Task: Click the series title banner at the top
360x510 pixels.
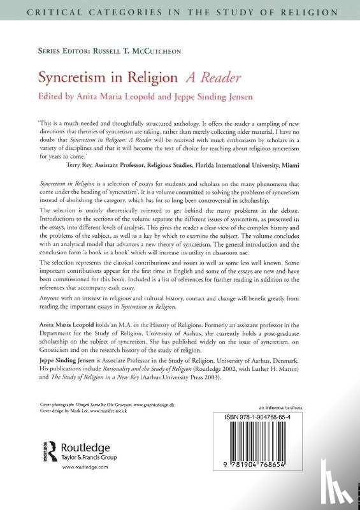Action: point(180,11)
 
